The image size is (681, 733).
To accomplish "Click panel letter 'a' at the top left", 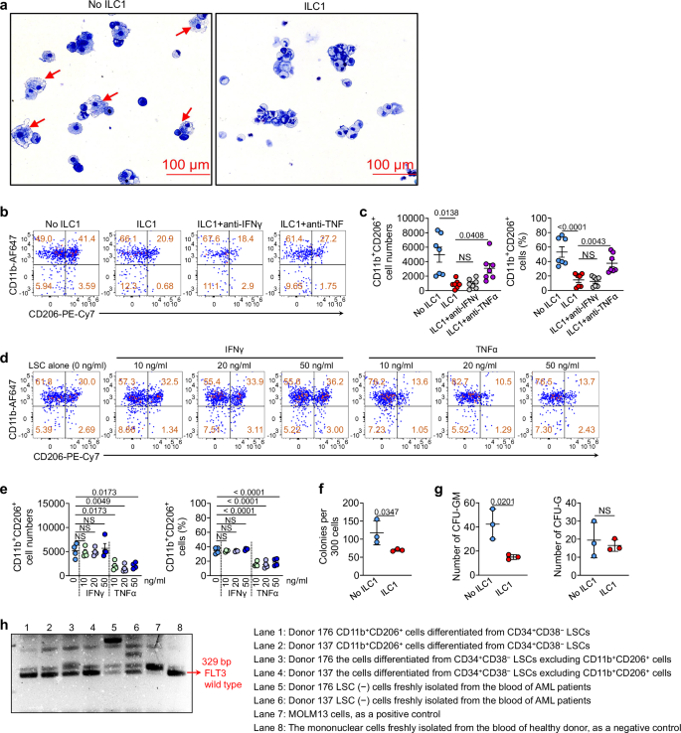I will click(x=6, y=7).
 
